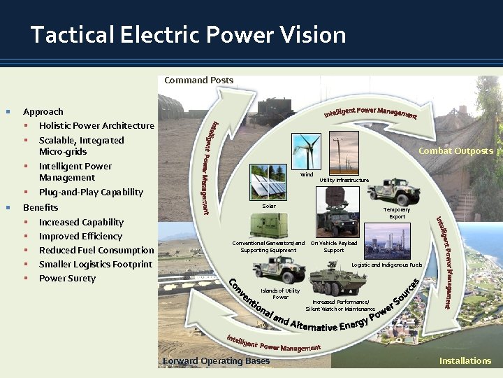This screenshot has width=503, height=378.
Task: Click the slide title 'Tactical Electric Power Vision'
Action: coord(188,34)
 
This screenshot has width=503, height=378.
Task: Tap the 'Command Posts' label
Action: coord(198,80)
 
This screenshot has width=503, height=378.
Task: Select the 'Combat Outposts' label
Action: coord(455,150)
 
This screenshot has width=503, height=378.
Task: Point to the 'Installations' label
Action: coord(465,360)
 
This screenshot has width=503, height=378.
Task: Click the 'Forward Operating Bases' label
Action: coord(216,360)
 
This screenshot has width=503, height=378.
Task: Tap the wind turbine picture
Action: coord(305,152)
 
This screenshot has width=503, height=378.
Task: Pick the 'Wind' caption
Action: coord(306,174)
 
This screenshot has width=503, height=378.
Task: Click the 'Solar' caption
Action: coord(269,206)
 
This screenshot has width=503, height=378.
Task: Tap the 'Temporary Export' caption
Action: coord(397,213)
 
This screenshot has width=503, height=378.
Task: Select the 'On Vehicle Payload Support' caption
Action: coord(333,246)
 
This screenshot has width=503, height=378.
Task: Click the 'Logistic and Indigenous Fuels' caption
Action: coord(386,265)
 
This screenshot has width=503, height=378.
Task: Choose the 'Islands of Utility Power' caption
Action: coord(280,293)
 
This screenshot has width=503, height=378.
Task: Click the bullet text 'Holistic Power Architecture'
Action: coord(96,126)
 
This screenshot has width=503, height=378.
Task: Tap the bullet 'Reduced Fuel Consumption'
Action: coord(96,250)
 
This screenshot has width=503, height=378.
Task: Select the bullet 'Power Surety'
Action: coord(67,278)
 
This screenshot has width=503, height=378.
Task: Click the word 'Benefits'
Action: coord(41,207)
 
